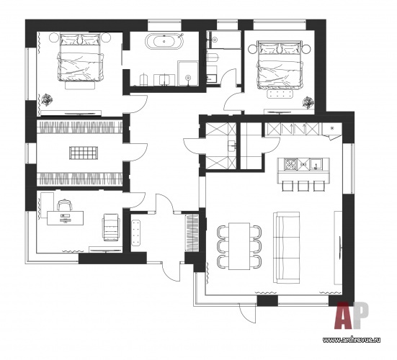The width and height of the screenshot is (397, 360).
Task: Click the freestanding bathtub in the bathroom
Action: coord(164,40)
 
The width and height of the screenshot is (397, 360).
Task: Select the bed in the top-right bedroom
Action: coord(280,65)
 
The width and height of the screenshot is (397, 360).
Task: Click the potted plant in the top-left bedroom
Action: coord(47,99)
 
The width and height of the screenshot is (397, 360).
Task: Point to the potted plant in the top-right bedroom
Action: coord(308,102)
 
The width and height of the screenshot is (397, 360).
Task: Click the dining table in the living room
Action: coord(239,246)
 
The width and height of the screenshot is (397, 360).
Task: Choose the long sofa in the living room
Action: coord(286,248)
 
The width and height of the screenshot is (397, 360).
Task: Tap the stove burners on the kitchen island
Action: coord(290,164)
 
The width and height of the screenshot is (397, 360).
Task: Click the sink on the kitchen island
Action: coord(316,164)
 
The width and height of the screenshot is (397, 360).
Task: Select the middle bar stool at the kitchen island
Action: coord(303,186)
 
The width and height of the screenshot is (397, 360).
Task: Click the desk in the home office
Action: coord(66,218)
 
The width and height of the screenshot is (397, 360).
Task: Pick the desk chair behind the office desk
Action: coord(64,205)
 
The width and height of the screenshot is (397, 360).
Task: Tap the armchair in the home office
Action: coord(111,227)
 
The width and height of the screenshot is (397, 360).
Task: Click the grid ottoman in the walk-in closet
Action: coord(84,153)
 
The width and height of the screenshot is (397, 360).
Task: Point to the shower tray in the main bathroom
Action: coord(188,73)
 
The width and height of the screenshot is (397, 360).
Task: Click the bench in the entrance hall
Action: coord(136,233)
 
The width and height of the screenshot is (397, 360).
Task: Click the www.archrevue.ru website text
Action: coord(351,340)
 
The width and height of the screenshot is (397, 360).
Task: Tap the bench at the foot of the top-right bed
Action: coord(280,94)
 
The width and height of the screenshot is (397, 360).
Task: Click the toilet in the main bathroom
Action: coord(144,79)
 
